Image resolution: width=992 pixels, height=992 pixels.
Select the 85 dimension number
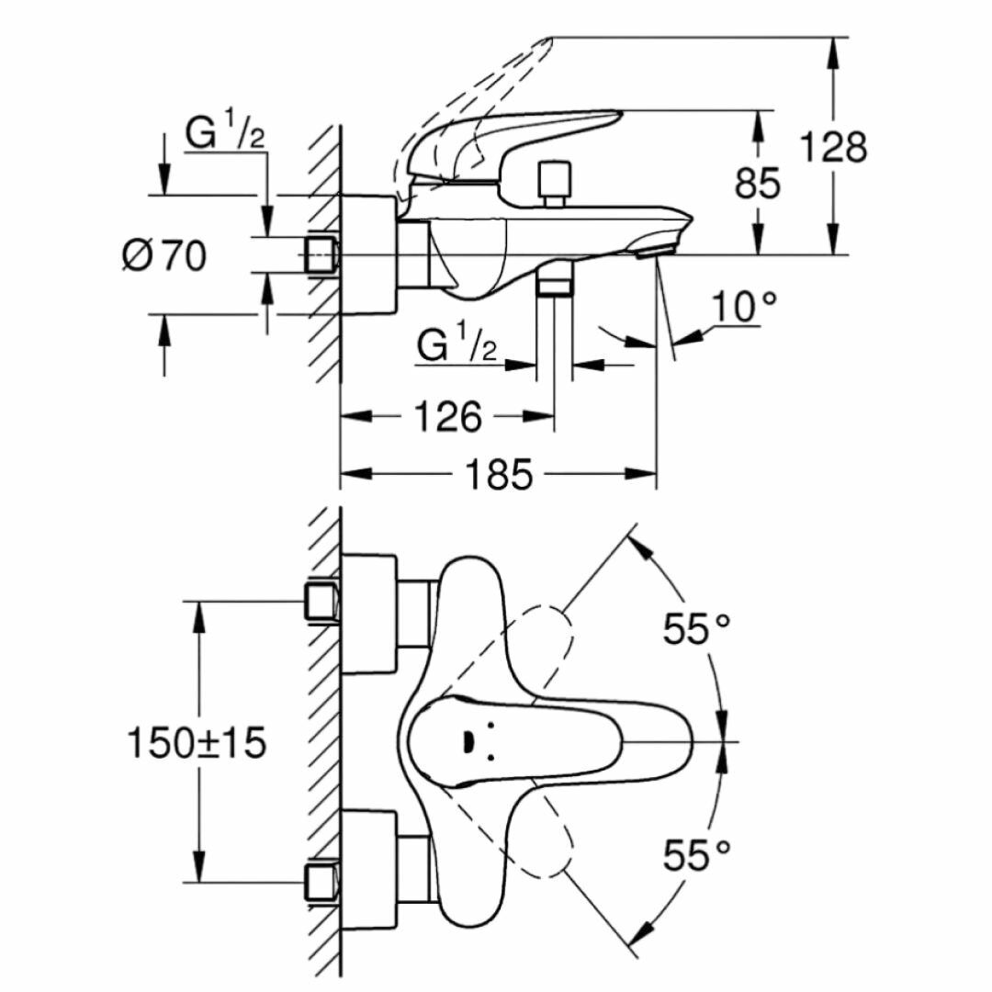(758, 183)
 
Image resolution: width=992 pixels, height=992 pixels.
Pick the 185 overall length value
(499, 475)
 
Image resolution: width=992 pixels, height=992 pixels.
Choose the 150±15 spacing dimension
(196, 742)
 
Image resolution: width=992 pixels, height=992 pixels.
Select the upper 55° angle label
(697, 629)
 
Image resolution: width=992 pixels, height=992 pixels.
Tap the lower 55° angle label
(697, 856)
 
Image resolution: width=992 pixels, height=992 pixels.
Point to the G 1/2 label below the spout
(457, 346)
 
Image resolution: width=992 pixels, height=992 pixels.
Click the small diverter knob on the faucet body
(553, 184)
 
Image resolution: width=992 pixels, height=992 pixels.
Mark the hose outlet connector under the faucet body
(554, 278)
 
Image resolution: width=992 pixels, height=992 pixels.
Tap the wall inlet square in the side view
(321, 254)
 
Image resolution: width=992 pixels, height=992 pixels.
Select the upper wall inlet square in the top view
(321, 601)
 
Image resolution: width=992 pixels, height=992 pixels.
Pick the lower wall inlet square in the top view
(321, 883)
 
